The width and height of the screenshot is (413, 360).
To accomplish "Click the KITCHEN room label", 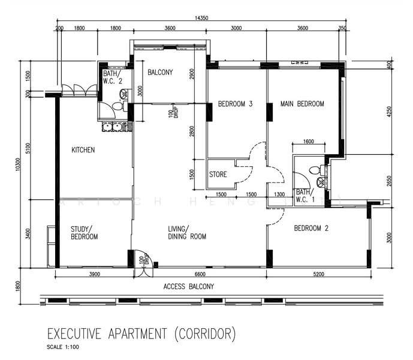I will point(83,150).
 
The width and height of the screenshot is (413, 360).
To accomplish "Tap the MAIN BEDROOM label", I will point(302,104).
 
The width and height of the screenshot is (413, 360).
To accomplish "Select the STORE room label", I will point(218,175).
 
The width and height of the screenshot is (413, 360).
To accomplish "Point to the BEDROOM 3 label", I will point(235,104).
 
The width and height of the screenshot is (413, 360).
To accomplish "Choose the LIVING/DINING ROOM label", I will point(187,232).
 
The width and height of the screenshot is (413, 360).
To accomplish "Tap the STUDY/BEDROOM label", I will point(84,232).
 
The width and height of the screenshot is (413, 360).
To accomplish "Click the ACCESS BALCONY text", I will point(189,287).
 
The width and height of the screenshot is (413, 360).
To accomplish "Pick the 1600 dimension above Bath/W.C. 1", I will point(308,142).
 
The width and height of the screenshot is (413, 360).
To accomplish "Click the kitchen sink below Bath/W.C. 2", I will point(110,127).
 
